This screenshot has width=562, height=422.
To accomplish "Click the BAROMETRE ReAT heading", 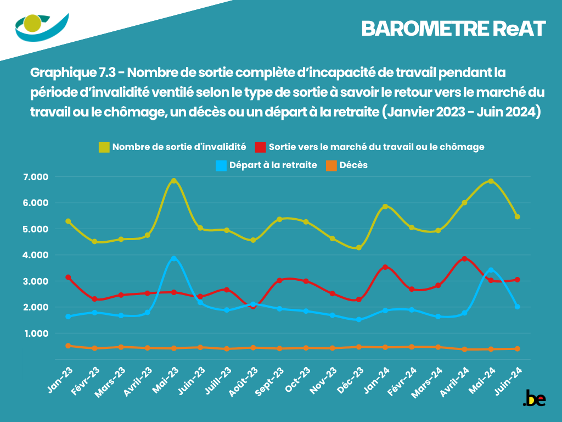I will click(453, 29).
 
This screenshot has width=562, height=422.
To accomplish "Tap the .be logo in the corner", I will click(534, 398).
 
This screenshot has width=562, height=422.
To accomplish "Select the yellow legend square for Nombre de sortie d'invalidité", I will click(104, 147).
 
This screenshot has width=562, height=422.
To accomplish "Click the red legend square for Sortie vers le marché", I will click(261, 147).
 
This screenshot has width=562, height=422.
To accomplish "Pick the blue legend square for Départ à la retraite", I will click(221, 165).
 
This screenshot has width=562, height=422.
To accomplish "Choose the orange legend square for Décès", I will click(331, 165).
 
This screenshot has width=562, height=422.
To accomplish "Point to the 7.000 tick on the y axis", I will click(36, 177).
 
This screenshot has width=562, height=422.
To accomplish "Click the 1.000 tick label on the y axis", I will click(36, 334).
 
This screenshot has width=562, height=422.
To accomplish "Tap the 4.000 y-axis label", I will click(36, 255).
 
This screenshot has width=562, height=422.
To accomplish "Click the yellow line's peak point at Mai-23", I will click(174, 181).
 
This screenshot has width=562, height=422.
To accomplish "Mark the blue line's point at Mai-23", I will click(174, 258).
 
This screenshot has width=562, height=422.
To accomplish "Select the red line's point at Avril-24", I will click(464, 258).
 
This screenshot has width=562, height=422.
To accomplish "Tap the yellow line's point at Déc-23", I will click(359, 248).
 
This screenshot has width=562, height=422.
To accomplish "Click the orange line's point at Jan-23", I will click(68, 346).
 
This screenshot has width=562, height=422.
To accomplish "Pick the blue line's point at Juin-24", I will click(517, 307).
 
